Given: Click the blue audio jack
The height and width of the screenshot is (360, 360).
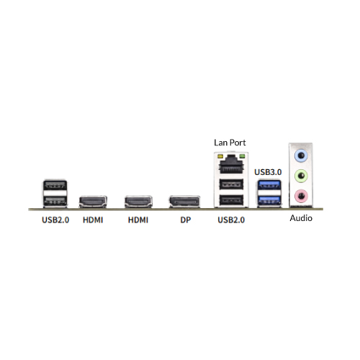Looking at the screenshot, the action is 301,156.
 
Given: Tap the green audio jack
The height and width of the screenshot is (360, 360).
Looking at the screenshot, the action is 301,176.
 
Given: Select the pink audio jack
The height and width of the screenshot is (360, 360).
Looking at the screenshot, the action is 301,196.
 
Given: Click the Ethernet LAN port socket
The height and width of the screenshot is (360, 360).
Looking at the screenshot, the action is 231,164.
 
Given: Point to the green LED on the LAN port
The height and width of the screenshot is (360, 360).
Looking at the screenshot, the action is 242,157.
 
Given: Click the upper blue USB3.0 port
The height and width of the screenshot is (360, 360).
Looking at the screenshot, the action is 269,184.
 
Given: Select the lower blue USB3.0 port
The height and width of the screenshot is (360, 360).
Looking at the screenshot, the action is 269,200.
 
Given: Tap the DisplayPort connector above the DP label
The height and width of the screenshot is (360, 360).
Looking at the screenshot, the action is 184,202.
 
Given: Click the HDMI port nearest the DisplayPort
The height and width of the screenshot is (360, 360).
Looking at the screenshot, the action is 138,202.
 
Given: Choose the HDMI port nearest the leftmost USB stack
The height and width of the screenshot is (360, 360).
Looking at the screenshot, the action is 93,202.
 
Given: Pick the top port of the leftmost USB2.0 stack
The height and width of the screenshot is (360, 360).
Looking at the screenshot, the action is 55,185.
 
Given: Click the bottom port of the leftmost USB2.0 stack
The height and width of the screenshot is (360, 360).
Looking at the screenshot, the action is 55,201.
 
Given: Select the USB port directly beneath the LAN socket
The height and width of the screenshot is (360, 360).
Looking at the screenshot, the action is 231,184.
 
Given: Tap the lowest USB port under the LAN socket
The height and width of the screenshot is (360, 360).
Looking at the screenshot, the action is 231,199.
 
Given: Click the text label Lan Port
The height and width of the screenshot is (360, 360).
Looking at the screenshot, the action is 230,143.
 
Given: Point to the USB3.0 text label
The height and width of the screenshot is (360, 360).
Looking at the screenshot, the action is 268,172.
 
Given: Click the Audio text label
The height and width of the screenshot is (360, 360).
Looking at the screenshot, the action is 301,218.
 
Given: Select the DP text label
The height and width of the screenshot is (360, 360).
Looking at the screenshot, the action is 186,220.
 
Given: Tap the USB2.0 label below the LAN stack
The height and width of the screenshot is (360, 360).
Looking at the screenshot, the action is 231,220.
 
